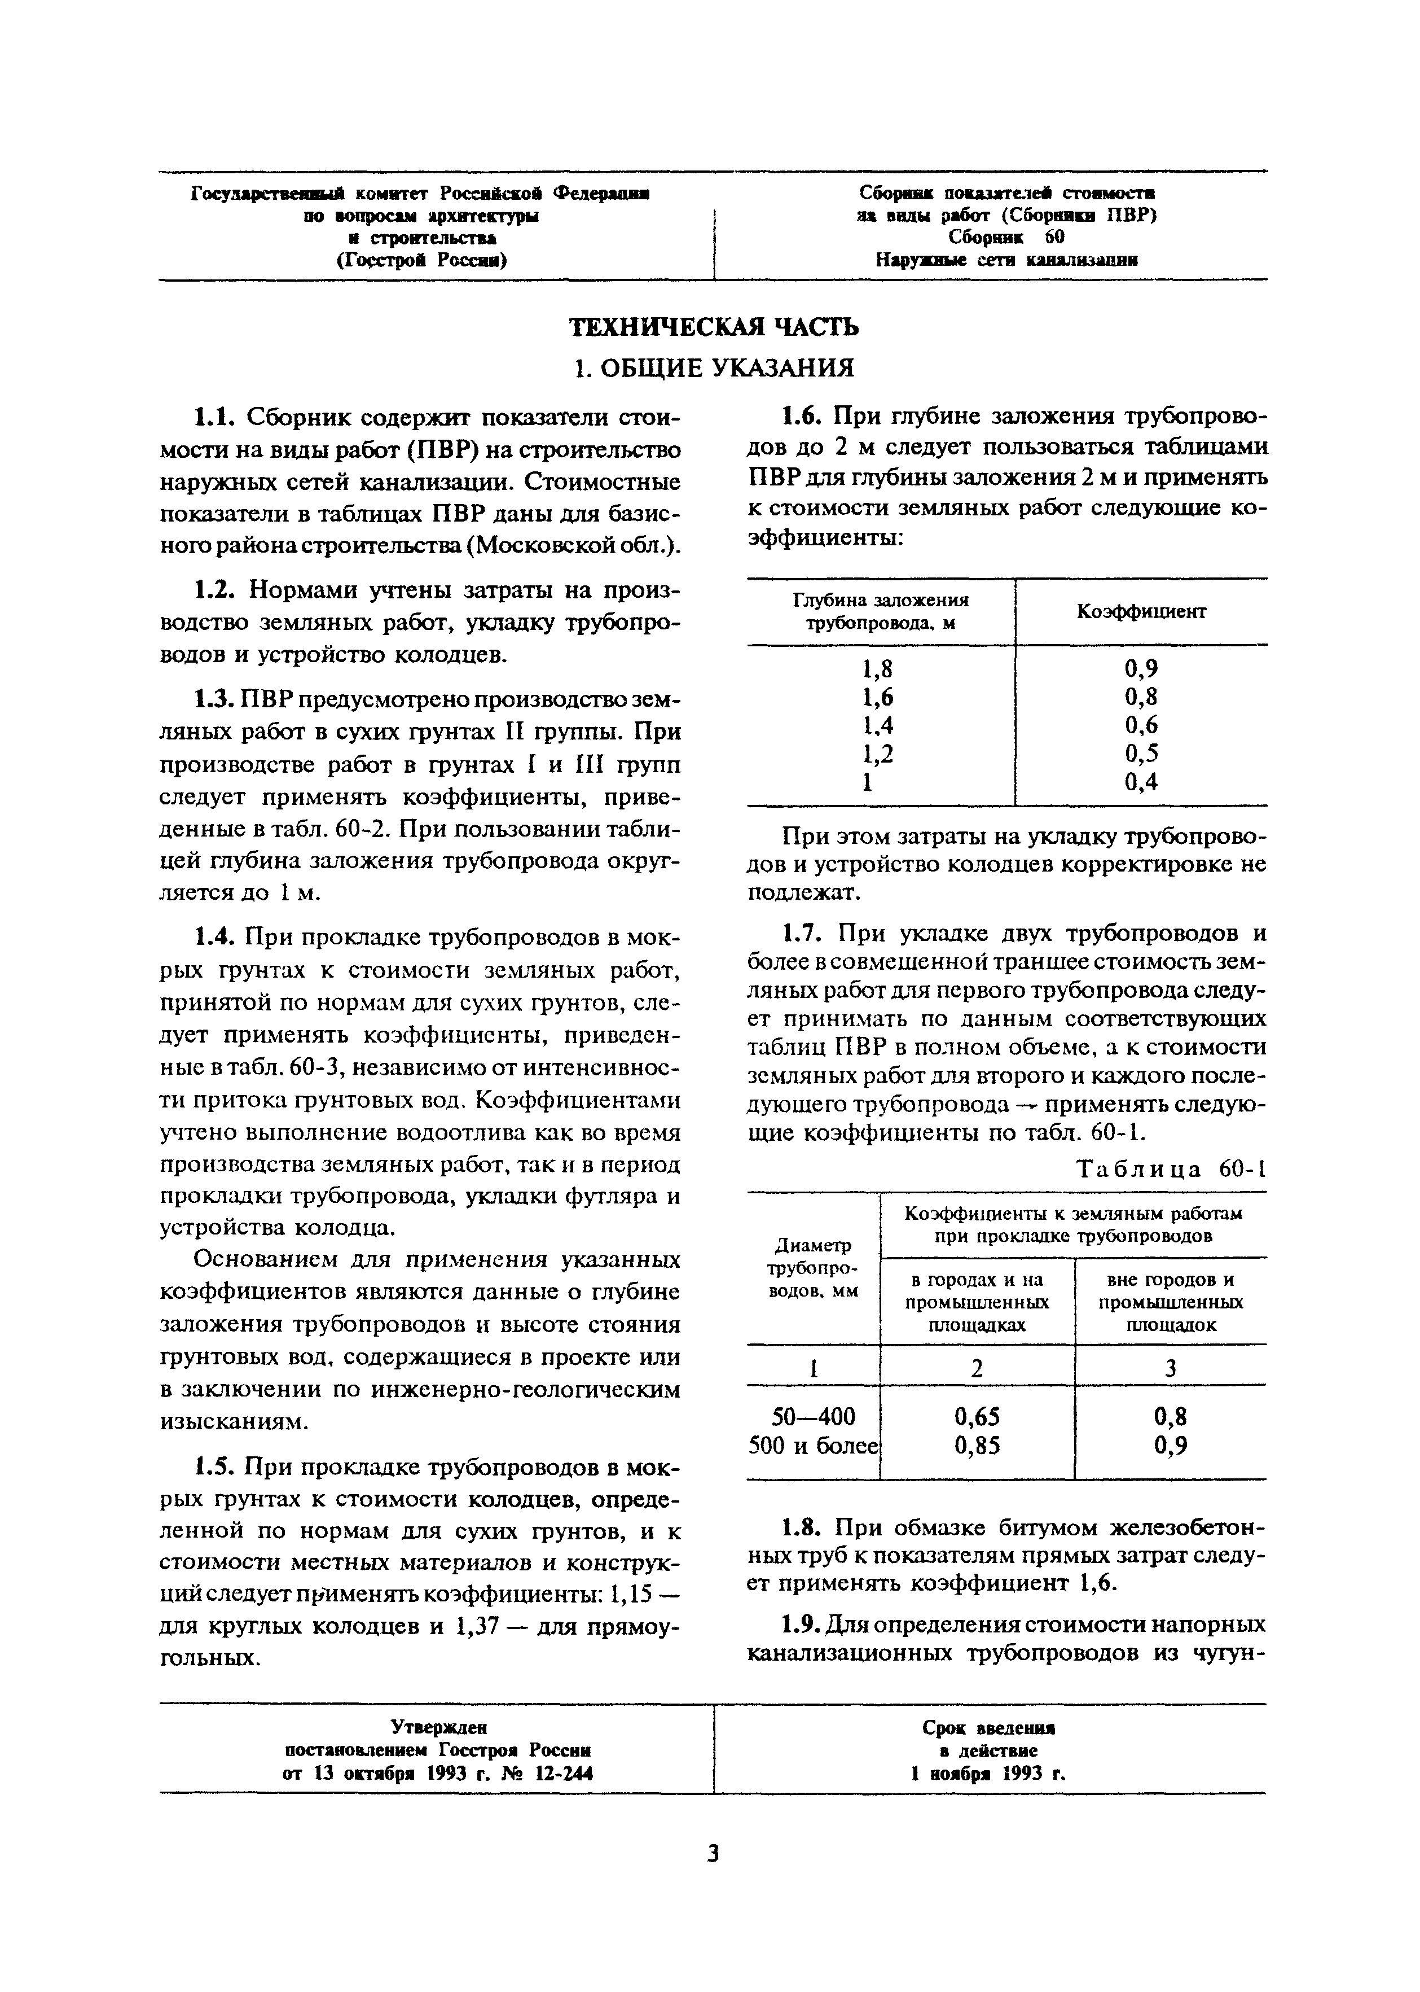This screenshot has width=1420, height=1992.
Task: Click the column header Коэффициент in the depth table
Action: coord(1141,611)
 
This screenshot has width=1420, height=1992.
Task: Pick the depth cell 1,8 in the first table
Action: coord(879,669)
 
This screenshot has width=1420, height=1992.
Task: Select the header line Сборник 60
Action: coord(1006,237)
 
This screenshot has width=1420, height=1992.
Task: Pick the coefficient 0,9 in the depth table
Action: coord(1141,669)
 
